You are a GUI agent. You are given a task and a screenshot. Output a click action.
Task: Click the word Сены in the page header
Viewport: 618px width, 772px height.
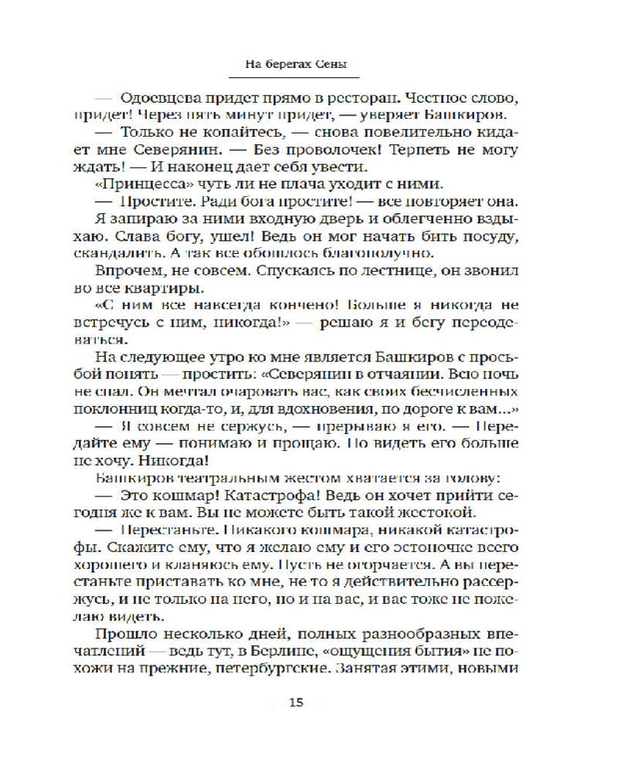pos(337,66)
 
